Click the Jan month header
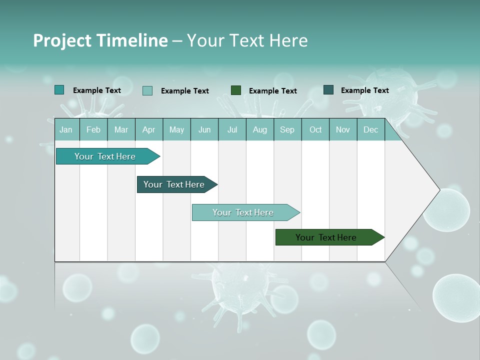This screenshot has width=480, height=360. [66, 129]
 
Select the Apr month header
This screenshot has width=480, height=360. [149, 129]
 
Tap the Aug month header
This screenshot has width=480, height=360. [260, 129]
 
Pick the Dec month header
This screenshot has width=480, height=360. [370, 129]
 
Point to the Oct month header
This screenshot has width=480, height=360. [315, 129]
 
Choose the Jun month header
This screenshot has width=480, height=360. [204, 129]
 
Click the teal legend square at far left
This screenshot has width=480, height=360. [59, 90]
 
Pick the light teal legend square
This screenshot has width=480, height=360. [147, 90]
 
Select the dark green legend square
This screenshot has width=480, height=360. [236, 90]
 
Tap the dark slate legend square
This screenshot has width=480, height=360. [328, 90]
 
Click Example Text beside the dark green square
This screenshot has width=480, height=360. [272, 91]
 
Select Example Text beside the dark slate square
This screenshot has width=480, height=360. [364, 90]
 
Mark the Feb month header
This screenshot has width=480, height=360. [93, 129]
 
